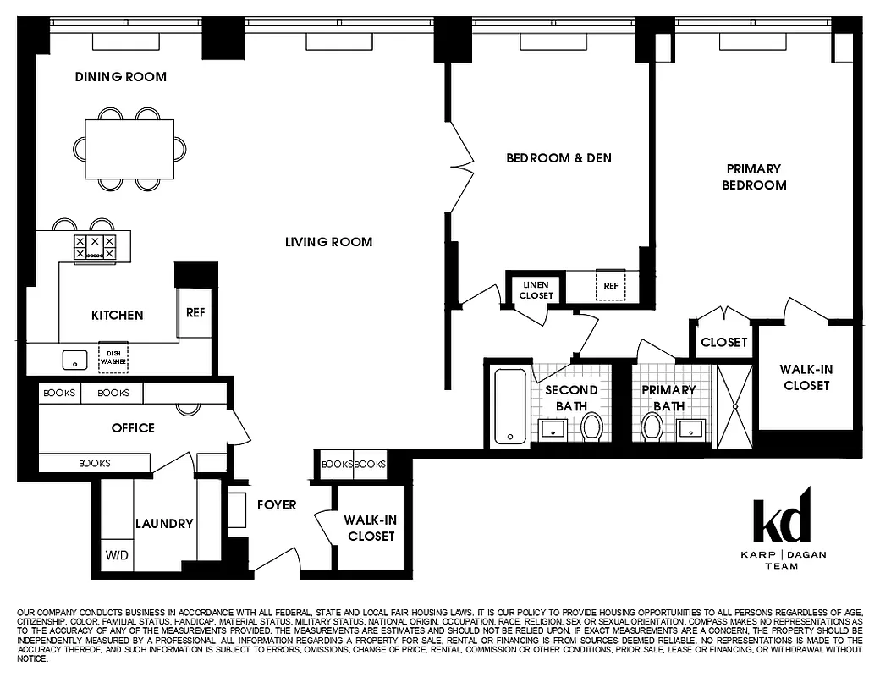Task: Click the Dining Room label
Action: (120, 77)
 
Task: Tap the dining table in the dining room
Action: (129, 148)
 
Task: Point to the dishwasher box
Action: (113, 357)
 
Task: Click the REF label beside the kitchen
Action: (195, 312)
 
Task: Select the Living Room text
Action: (328, 242)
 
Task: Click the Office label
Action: (133, 428)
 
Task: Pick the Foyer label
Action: (277, 505)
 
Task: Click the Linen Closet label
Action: (536, 290)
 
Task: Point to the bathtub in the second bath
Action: (509, 405)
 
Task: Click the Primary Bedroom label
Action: (753, 177)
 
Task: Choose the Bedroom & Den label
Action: (558, 158)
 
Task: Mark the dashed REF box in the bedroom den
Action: (609, 286)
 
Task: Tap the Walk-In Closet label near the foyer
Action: (369, 528)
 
